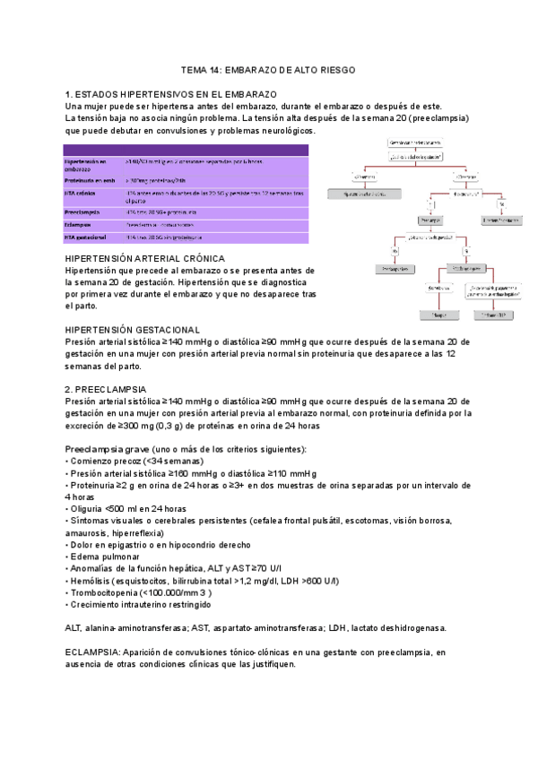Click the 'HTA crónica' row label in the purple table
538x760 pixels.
tap(81, 193)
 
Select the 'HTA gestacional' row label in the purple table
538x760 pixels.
tap(86, 237)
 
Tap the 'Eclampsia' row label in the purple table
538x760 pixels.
tap(78, 224)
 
